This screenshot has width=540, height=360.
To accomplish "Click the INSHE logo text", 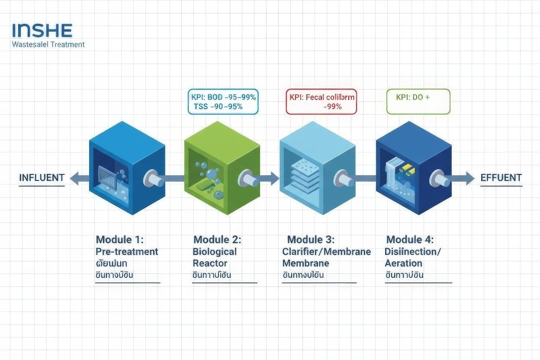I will [x=42, y=31].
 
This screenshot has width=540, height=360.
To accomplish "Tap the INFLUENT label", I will [x=42, y=177].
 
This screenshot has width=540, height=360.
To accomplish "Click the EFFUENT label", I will [x=501, y=177].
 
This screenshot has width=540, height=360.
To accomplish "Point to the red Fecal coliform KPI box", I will [x=321, y=102].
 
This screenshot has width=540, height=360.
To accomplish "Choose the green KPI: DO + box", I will [x=418, y=102].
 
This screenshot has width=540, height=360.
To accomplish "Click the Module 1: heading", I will [x=119, y=240].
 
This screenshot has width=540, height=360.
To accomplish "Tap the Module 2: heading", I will [x=217, y=240].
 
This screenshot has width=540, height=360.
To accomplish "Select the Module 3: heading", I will [x=311, y=240].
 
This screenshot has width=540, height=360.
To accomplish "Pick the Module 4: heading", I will [x=410, y=240].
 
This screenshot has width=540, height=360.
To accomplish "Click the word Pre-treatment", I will [x=127, y=251].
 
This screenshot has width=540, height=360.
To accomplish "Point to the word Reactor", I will [x=210, y=263].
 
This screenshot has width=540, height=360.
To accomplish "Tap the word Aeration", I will [x=403, y=263].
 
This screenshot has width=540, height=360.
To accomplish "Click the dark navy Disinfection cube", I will [x=413, y=173].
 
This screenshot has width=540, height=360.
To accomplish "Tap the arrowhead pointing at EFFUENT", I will [x=469, y=178].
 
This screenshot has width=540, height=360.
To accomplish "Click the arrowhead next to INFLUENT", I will [x=74, y=178].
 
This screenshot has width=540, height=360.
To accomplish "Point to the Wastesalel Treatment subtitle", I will [x=48, y=44].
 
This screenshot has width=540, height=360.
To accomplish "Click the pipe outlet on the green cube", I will [x=245, y=178].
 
